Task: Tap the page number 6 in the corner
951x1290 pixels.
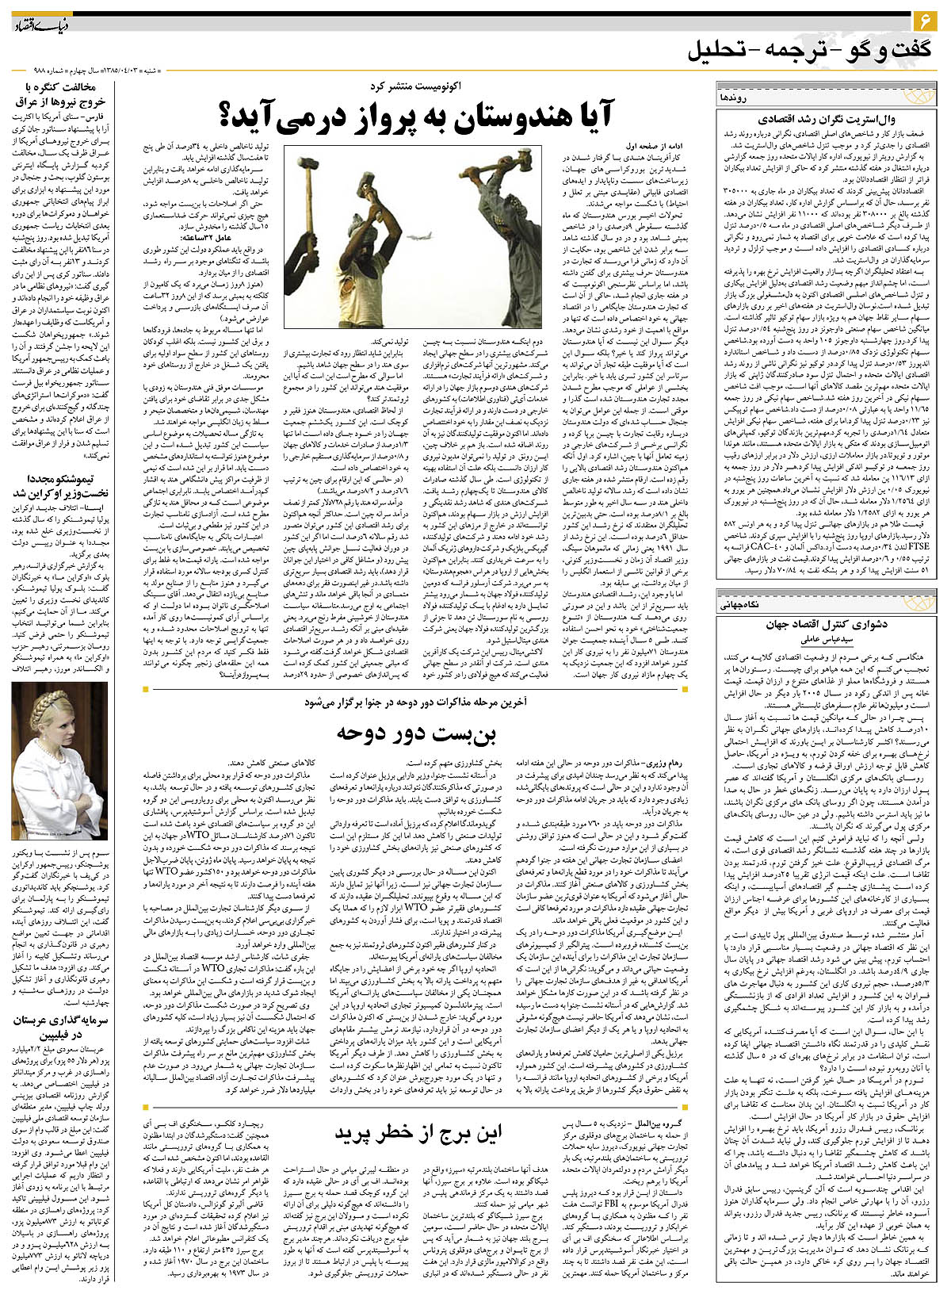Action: click(925, 17)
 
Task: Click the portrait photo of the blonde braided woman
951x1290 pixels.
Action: click(59, 761)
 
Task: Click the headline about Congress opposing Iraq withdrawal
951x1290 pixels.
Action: click(59, 95)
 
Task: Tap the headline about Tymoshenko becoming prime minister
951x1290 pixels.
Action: click(60, 487)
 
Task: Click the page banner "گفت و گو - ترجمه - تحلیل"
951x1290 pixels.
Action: click(808, 51)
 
